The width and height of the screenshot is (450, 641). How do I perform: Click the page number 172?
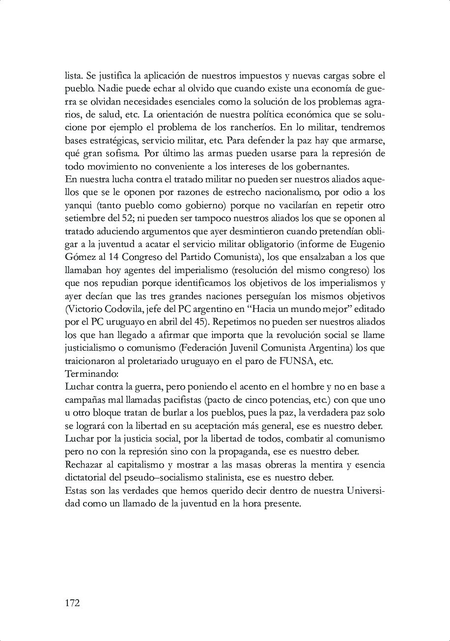pyautogui.click(x=72, y=603)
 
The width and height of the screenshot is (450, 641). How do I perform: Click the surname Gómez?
pyautogui.click(x=80, y=257)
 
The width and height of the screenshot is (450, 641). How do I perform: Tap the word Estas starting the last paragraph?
pyautogui.click(x=76, y=491)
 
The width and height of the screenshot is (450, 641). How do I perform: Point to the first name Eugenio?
pyautogui.click(x=367, y=244)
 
